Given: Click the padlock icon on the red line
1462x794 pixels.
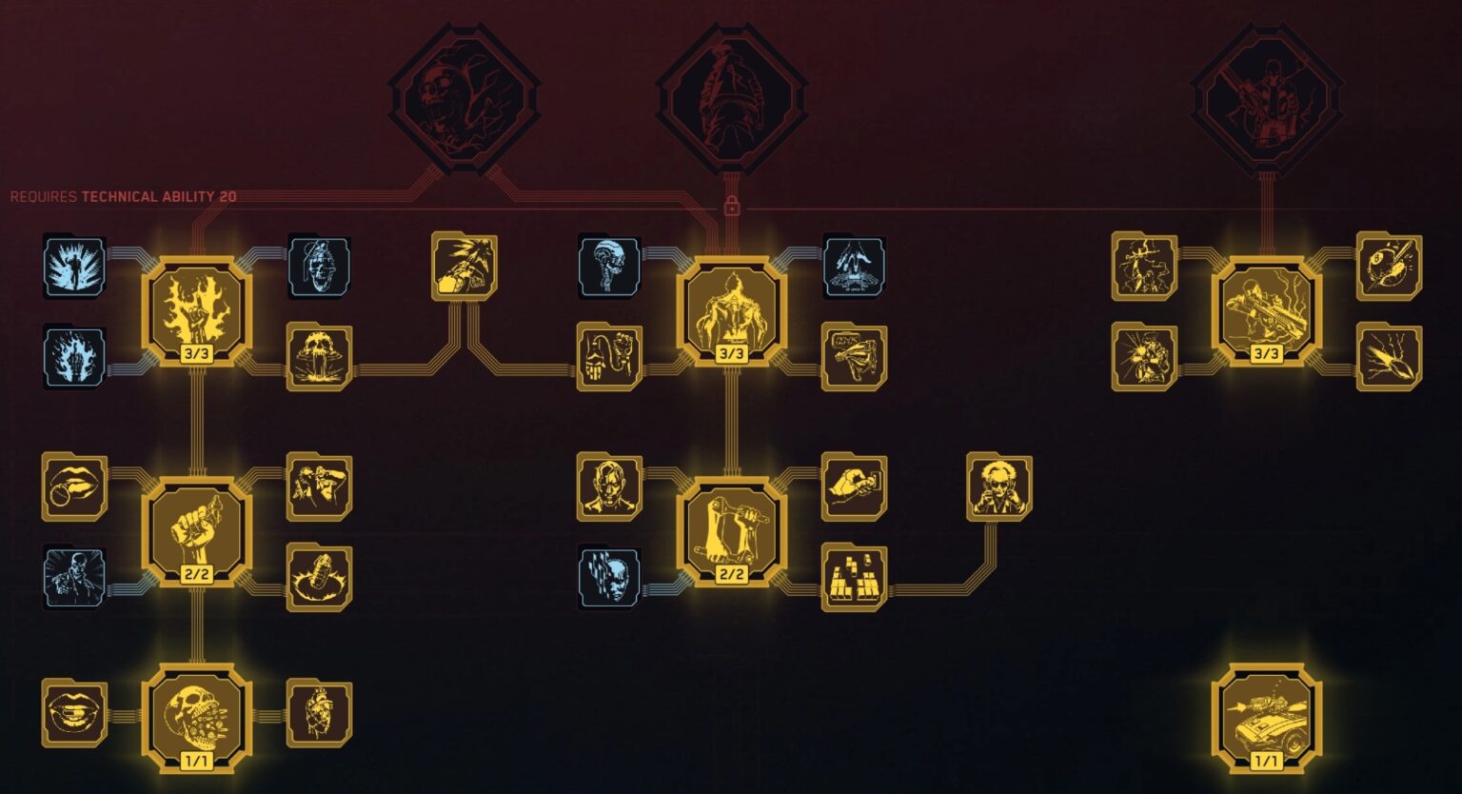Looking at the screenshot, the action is tap(732, 206).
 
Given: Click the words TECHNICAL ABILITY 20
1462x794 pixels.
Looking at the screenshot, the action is tap(159, 196).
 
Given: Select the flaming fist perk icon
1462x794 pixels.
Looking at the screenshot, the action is tap(197, 311).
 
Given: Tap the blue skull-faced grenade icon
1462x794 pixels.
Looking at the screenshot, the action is tap(319, 267).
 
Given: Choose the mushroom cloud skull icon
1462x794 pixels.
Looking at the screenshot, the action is tap(319, 356).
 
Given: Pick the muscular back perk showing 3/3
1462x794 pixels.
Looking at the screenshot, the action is tap(732, 311).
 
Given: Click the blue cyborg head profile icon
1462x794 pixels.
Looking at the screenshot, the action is tap(609, 267).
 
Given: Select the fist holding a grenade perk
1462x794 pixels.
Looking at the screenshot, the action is tap(197, 531).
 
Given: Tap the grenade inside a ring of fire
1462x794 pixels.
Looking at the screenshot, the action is tap(319, 578).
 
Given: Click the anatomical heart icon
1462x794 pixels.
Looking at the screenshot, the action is tap(319, 714).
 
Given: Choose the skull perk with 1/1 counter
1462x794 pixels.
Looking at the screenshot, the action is tap(197, 718).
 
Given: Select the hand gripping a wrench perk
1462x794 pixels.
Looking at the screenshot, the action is tap(732, 531).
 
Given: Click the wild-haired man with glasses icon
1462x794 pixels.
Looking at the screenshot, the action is tap(999, 487).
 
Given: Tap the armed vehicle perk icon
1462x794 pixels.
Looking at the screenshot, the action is tap(1266, 718).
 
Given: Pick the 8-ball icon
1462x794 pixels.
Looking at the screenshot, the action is tap(1389, 267).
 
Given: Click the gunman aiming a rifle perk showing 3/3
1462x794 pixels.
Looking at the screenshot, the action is tap(1266, 311).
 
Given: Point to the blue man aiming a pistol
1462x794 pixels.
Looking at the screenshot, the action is tap(74, 578).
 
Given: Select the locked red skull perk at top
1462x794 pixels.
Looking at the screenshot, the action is tap(464, 98).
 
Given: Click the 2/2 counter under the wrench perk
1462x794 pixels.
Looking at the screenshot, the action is tap(732, 574).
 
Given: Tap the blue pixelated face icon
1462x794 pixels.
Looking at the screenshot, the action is tap(609, 578).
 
